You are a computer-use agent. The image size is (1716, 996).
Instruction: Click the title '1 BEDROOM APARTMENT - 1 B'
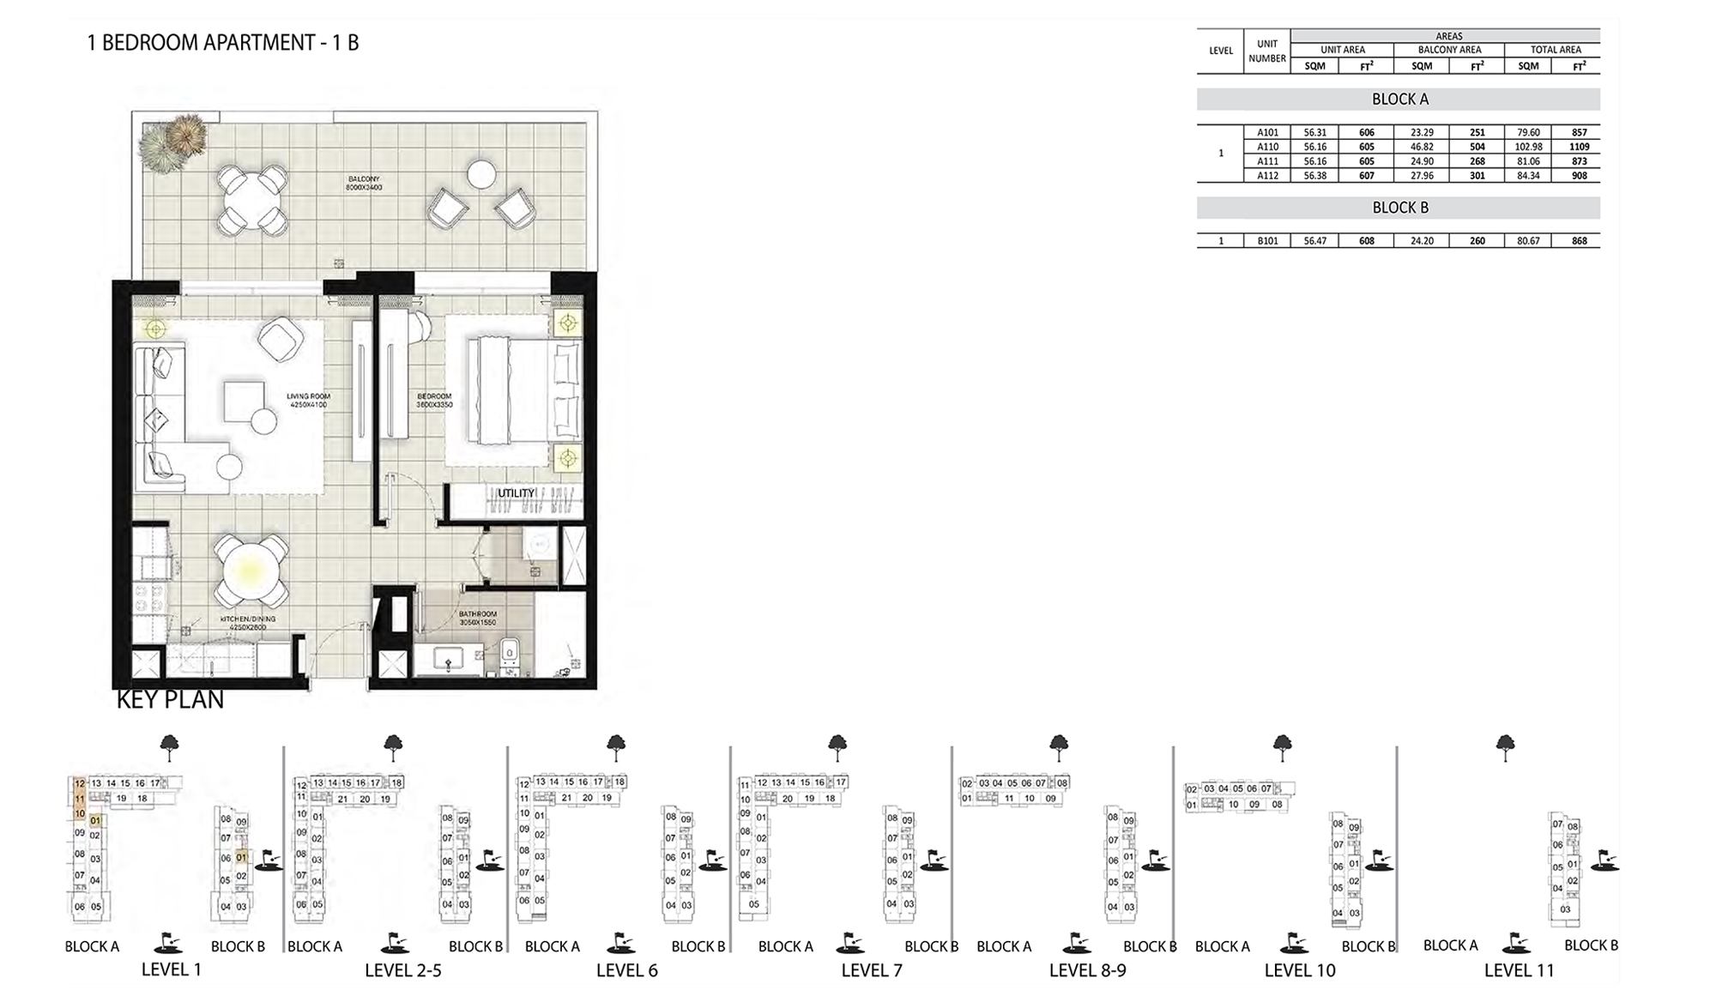(222, 43)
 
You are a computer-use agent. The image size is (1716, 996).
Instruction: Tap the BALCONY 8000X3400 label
(364, 183)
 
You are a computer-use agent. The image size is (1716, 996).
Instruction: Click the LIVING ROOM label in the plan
(308, 400)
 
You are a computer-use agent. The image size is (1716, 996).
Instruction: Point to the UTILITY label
(516, 493)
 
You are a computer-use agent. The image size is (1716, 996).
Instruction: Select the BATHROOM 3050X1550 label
(477, 618)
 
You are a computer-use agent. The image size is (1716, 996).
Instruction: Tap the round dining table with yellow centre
(251, 570)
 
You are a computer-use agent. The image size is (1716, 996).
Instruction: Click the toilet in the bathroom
(509, 656)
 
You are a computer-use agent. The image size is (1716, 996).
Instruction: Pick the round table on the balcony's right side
(481, 175)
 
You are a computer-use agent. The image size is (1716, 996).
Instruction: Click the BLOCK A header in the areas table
(1399, 100)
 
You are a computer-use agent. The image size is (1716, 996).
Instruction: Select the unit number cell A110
(1267, 147)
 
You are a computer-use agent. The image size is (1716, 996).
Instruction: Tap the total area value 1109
(1579, 147)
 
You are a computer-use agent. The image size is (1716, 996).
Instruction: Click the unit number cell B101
(1267, 241)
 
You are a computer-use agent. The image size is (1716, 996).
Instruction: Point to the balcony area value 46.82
(1421, 147)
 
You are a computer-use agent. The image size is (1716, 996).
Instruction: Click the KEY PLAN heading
(170, 700)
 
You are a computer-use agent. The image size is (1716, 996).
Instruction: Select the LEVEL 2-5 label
(402, 970)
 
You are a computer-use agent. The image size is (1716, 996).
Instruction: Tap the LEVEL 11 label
(1519, 970)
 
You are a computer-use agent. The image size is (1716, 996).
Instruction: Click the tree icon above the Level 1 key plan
(170, 746)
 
